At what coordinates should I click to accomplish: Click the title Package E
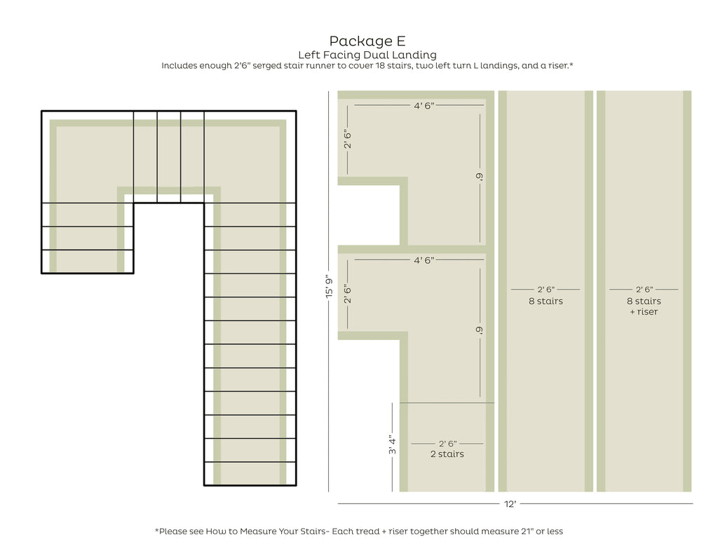point(367,41)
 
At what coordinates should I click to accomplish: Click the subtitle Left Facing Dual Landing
point(367,55)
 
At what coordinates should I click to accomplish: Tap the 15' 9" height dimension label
point(330,287)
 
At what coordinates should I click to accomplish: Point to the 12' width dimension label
point(510,504)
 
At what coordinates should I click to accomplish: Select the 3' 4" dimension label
point(393,445)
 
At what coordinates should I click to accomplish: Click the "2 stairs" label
point(447,454)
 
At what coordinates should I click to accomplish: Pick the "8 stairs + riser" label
point(644,306)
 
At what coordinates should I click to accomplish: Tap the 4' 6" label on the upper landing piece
point(424,106)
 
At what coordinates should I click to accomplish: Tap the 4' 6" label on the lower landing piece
point(424,261)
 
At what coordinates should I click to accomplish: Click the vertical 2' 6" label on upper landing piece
point(348,140)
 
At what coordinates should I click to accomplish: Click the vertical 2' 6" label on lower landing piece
point(348,294)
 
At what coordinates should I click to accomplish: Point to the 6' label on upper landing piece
point(480,176)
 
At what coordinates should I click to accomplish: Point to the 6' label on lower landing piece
point(480,330)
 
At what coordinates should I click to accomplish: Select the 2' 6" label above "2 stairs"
point(447,444)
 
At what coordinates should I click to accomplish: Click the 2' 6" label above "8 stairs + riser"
point(644,290)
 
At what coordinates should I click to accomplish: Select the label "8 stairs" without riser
point(546,301)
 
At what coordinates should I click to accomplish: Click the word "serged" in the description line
point(267,66)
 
